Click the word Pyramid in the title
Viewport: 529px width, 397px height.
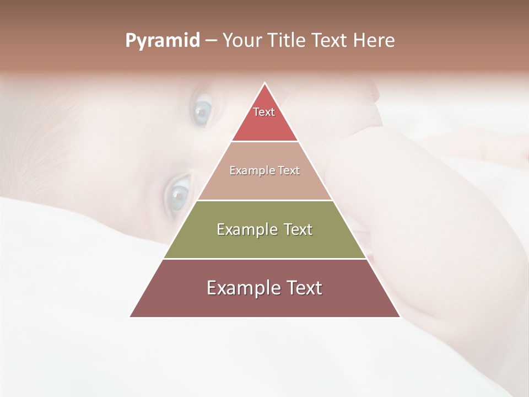[163, 41]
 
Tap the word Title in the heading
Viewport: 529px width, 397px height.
[287, 41]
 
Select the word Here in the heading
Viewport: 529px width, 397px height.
[374, 41]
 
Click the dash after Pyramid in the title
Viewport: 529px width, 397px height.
[211, 41]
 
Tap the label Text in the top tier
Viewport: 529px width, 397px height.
[264, 112]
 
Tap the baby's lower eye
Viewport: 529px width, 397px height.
[179, 192]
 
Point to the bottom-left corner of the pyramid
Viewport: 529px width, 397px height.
[131, 316]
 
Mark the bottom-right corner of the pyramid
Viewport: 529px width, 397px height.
[400, 316]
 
